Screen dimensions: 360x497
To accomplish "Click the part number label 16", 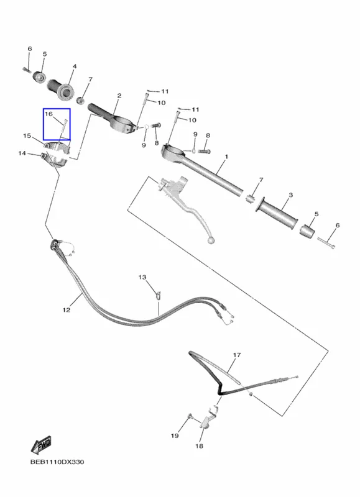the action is [48, 114].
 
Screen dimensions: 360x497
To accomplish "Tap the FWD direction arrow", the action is [41, 444].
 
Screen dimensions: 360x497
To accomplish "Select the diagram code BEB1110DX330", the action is [57, 462].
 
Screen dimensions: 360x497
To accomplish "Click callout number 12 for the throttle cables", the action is [67, 309].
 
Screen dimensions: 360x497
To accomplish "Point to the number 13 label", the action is [142, 277].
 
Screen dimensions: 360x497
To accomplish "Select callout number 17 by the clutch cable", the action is [237, 355].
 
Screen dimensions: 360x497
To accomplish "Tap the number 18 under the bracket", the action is [199, 446].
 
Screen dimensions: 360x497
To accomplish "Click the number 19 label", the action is [175, 436].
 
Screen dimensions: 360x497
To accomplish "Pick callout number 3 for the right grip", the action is [291, 195].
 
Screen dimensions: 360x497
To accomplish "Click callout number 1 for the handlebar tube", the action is [226, 157].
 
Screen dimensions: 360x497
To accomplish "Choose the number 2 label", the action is [119, 96].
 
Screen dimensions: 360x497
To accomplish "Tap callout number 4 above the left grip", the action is [75, 66].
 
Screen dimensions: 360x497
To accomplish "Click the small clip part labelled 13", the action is [159, 294].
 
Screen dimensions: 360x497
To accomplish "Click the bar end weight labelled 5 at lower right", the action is [307, 230].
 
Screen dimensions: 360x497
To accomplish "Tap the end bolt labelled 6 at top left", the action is [26, 69].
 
